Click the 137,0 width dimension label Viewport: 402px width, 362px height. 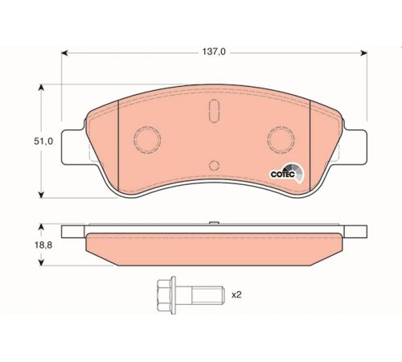point(214,51)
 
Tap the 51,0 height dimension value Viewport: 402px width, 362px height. point(43,142)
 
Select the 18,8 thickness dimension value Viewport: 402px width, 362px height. point(43,245)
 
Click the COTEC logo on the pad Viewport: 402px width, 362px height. point(287,173)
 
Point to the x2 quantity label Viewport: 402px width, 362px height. point(236,295)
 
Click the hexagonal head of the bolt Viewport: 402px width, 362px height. point(166,295)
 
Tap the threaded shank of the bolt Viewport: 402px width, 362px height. point(207,295)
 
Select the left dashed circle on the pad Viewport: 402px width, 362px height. point(147,140)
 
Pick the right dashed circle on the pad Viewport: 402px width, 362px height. point(281,140)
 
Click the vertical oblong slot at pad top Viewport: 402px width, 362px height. point(214,111)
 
